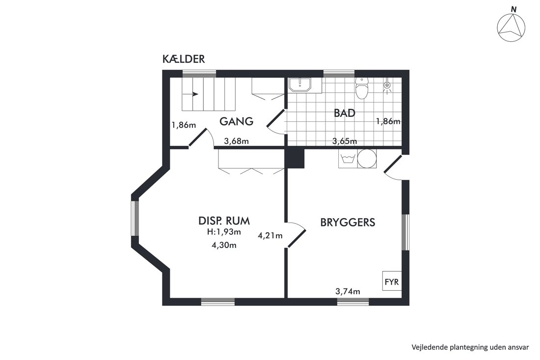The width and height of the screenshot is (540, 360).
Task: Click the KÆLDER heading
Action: point(184,59)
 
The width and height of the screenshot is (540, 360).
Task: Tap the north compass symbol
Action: point(512,27)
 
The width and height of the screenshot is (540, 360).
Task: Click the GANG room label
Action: point(237,121)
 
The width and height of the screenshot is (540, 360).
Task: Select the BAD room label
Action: point(345,113)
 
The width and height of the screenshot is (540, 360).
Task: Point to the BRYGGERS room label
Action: point(348,222)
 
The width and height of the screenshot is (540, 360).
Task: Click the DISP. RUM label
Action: point(224,221)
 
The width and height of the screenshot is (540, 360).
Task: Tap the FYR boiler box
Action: point(392,281)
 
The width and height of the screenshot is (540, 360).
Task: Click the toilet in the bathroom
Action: point(361,88)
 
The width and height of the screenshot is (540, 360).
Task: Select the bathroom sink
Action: point(299,85)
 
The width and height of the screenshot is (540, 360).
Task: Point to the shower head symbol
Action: point(388,86)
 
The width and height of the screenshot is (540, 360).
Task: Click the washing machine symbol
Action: point(348,159)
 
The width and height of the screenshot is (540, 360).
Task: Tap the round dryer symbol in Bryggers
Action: point(367,159)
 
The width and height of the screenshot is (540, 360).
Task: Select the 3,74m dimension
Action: point(348,291)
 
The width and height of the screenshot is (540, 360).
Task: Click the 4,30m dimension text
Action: point(224,245)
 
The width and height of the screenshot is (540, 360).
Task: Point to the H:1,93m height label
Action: point(224,232)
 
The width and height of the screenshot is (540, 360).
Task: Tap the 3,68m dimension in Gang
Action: point(236,141)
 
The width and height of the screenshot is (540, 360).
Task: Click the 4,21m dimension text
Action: point(270,236)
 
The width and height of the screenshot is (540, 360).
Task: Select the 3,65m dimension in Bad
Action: point(345,141)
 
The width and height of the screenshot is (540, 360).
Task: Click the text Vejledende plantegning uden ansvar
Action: point(470,347)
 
